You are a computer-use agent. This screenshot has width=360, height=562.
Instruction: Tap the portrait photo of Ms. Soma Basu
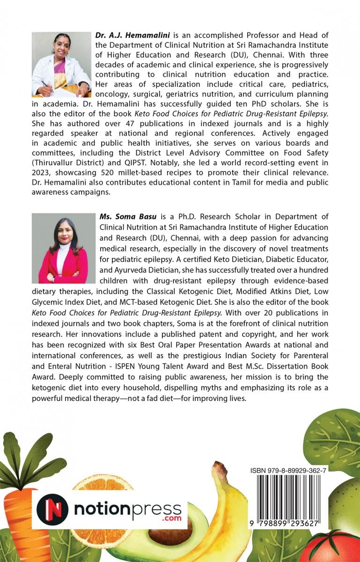pos(63,248)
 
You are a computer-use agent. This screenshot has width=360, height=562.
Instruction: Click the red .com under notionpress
pos(169,519)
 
